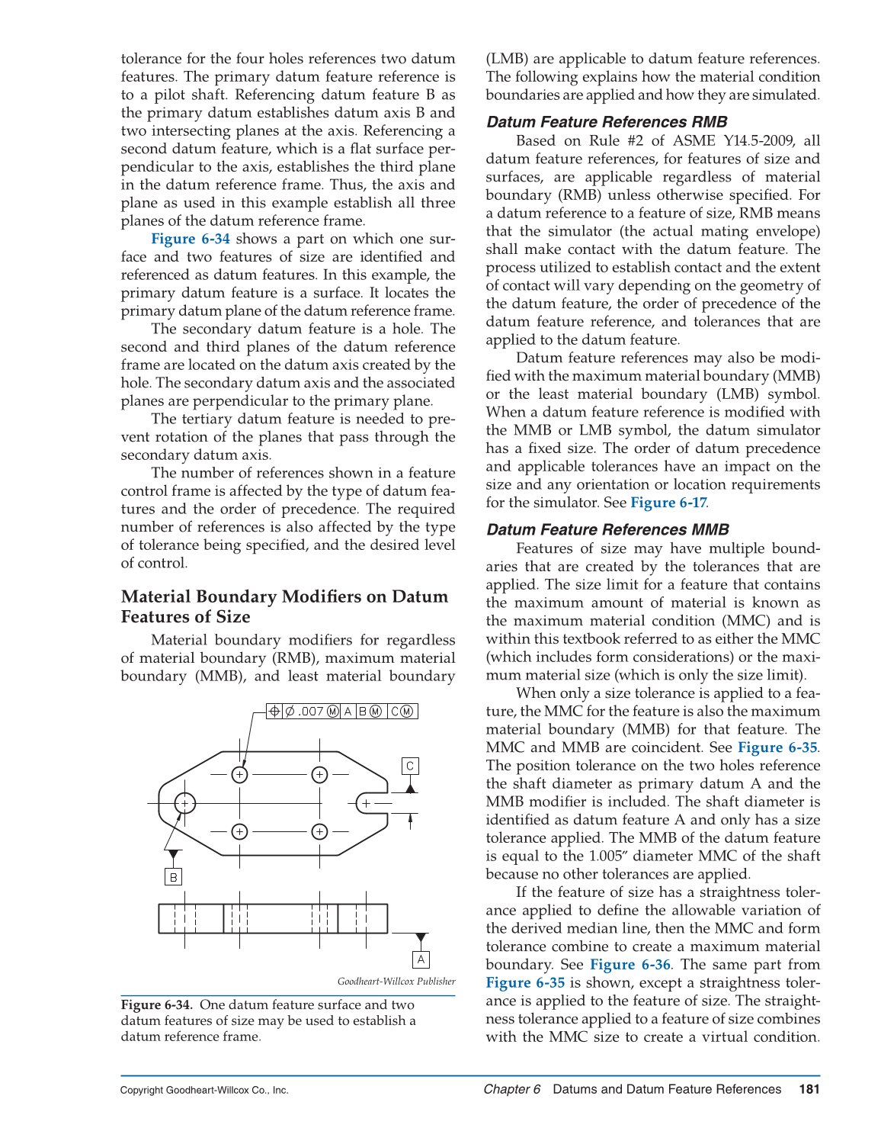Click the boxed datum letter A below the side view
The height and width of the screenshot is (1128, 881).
[421, 959]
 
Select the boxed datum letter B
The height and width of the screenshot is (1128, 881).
[174, 877]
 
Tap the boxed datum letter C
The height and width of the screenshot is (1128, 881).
[410, 766]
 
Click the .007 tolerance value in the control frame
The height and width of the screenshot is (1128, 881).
[311, 712]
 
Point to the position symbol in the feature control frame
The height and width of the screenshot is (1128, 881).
[274, 712]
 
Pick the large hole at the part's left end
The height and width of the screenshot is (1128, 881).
[184, 803]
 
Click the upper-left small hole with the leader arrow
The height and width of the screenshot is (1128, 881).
[240, 775]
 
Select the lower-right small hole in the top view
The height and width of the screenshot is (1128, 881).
[320, 831]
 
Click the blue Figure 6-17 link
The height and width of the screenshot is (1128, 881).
[668, 503]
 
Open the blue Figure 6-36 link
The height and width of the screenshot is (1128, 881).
[630, 965]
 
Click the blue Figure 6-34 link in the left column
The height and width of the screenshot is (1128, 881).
[191, 239]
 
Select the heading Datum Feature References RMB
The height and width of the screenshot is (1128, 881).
[607, 122]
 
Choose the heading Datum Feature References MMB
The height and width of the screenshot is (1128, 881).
[607, 529]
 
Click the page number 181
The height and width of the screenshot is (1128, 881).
[809, 1089]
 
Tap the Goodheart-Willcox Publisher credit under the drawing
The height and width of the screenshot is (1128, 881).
[396, 982]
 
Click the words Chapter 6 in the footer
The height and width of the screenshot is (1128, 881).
[512, 1089]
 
